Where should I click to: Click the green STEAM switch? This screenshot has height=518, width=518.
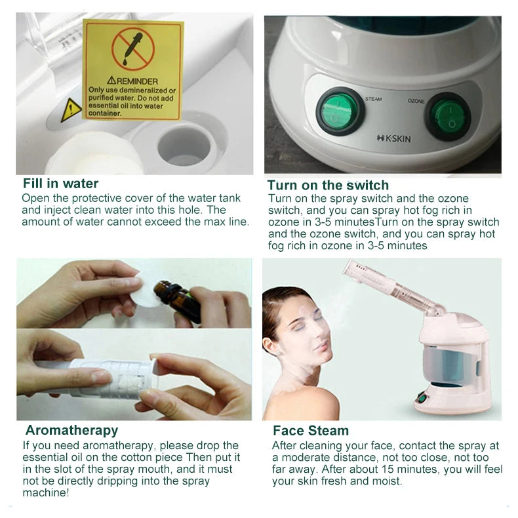point(340,111)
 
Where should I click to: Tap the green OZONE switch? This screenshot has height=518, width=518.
point(449,116)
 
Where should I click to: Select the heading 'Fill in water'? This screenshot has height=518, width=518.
point(60,184)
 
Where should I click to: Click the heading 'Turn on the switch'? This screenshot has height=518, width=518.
point(328,185)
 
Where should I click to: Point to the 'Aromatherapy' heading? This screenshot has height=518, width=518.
point(71,430)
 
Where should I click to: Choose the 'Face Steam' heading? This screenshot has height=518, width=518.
point(311,431)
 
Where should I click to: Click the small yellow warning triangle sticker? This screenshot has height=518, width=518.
point(71,110)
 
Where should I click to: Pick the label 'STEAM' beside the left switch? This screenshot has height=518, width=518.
point(372,99)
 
